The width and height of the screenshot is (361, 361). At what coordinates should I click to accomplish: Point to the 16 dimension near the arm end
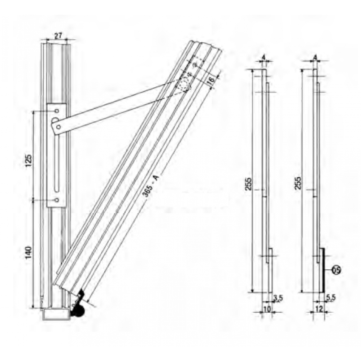click(212, 79)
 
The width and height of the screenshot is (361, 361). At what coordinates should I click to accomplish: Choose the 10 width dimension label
click(267, 309)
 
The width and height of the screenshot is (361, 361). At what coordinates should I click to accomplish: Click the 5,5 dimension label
click(330, 298)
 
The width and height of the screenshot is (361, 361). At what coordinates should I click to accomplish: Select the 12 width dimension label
click(318, 309)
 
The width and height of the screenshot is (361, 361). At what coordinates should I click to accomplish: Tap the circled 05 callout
click(337, 270)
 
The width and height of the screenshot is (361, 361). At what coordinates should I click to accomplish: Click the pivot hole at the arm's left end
click(57, 127)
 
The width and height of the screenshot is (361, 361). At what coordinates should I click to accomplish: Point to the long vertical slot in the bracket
click(57, 162)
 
